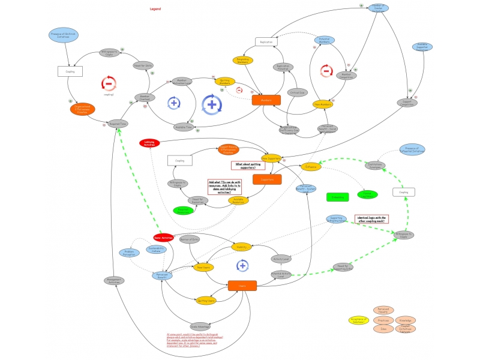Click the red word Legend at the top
pos(155,9)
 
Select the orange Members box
pos(266,100)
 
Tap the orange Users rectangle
pos(242,286)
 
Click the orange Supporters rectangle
pos(267,179)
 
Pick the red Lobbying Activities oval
pos(150,143)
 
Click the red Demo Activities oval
pos(163,238)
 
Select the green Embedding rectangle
pos(338,197)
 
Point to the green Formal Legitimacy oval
pos(368,194)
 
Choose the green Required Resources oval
pos(184,211)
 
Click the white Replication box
pos(266,42)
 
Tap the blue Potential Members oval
pos(324,40)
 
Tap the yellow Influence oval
pos(311,167)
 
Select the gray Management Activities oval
pos(114,280)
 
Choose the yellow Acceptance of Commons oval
pos(358,320)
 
